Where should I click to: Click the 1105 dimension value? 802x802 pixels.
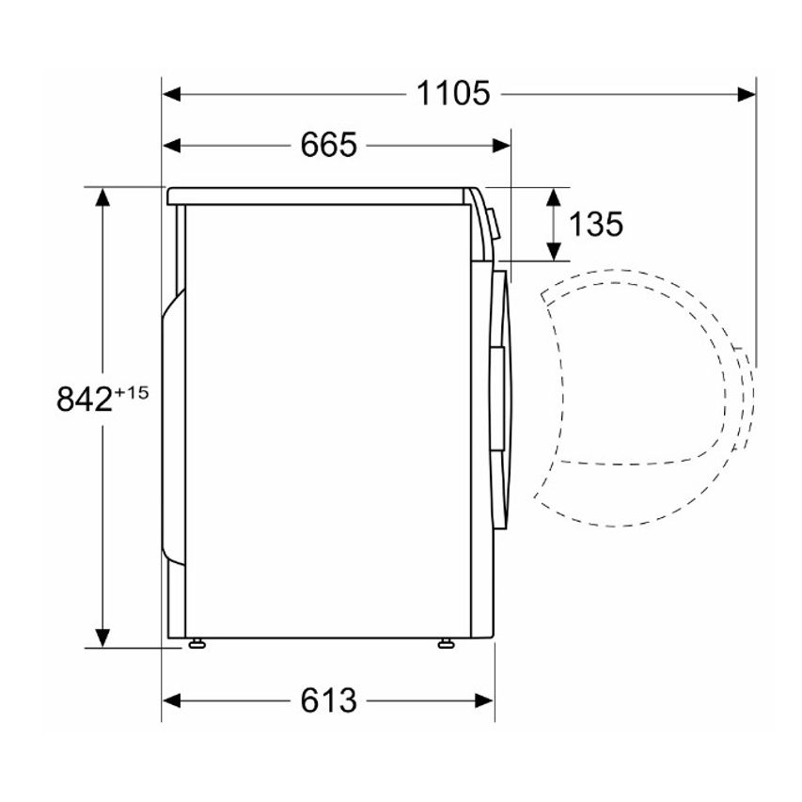click(453, 94)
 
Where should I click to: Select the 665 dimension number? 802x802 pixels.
click(328, 145)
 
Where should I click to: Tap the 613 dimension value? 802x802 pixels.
click(328, 700)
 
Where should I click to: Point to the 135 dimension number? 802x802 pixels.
click(596, 224)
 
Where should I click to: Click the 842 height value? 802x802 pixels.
click(85, 399)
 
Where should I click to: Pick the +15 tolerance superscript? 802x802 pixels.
click(132, 393)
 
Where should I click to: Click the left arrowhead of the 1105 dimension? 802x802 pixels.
click(172, 94)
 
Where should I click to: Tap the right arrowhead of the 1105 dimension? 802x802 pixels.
click(747, 94)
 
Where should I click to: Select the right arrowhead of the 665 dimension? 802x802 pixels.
click(501, 146)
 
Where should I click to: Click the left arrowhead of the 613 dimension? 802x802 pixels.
click(172, 700)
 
